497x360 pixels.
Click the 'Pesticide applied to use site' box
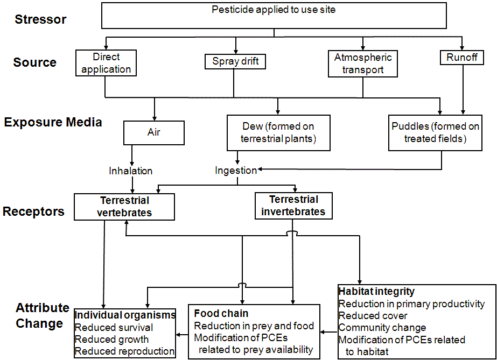click(x=274, y=16)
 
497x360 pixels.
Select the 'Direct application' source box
click(x=107, y=63)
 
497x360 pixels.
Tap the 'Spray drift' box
click(x=235, y=61)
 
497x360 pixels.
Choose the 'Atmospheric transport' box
click(x=362, y=63)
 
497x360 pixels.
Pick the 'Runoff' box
click(x=461, y=58)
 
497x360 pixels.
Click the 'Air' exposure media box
click(x=154, y=132)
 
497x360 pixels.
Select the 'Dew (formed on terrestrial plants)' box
click(x=278, y=132)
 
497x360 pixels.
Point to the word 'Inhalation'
click(x=131, y=171)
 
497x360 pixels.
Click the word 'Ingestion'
click(x=236, y=171)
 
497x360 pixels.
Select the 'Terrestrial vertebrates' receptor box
click(x=124, y=207)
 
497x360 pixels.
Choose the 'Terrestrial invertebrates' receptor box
click(x=293, y=206)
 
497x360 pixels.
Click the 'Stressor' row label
click(x=40, y=20)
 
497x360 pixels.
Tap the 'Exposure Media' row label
click(x=53, y=122)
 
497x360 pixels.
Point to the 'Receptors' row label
click(x=33, y=211)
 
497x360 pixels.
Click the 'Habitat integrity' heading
click(x=376, y=291)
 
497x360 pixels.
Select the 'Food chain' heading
click(x=221, y=313)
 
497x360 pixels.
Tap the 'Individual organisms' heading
click(x=125, y=315)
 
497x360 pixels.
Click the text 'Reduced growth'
click(x=111, y=340)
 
